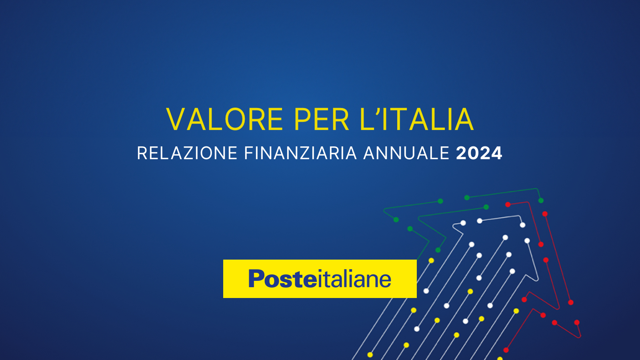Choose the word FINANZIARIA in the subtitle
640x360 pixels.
[x=300, y=153]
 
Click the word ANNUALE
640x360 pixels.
[x=406, y=153]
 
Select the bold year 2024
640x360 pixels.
[x=479, y=153]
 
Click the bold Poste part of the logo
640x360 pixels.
[x=282, y=279]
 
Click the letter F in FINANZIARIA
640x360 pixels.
[x=248, y=153]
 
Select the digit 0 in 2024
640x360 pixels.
[x=473, y=153]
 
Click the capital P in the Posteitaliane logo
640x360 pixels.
[x=256, y=279]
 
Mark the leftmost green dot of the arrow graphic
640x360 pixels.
[x=396, y=220]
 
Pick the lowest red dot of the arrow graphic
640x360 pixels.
[x=506, y=350]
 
